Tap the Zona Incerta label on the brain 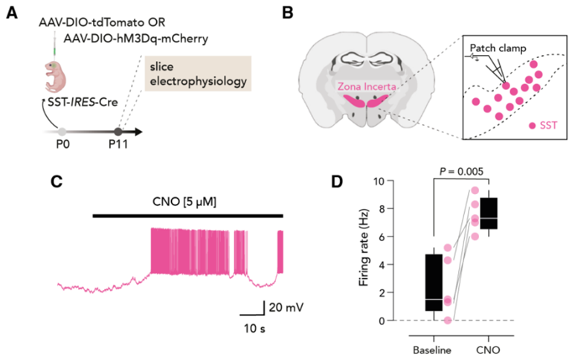tap(367, 87)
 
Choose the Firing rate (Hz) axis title tap(364, 251)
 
